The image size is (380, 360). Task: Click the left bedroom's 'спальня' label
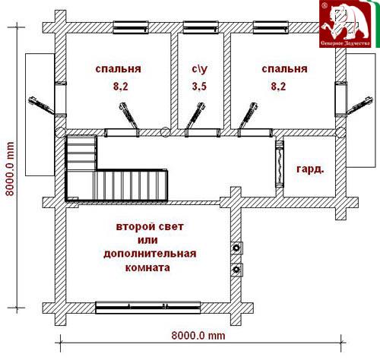(x=118, y=69)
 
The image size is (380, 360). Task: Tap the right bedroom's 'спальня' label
(x=284, y=69)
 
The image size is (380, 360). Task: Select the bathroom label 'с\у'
(x=200, y=69)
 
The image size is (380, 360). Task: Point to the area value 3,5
(x=199, y=87)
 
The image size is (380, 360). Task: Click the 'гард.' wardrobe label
(x=310, y=169)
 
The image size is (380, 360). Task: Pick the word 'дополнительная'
(x=150, y=254)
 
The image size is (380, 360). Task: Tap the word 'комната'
(x=147, y=267)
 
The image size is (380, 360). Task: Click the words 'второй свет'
(x=150, y=227)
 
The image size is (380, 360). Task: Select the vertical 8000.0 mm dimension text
(x=10, y=169)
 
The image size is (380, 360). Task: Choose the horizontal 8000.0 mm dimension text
(x=198, y=336)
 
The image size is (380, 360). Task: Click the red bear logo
(x=345, y=24)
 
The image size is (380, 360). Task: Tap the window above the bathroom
(x=201, y=27)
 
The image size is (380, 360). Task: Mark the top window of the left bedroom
(x=131, y=27)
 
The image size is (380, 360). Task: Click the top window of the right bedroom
(x=271, y=27)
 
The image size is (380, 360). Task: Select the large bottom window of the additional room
(x=148, y=308)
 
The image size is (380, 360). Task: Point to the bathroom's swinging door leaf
(x=195, y=115)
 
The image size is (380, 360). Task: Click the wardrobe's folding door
(x=280, y=164)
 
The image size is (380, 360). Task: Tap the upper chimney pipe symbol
(x=237, y=248)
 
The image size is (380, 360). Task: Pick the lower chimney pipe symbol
(x=237, y=270)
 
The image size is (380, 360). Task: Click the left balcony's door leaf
(x=41, y=106)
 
